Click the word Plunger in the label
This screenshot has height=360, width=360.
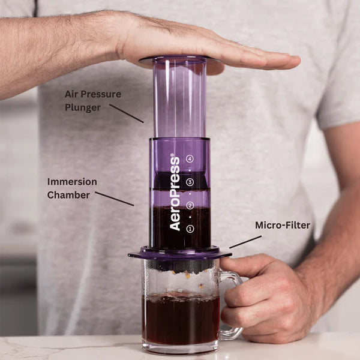tap(83, 107)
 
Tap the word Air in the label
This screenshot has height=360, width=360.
tap(73, 94)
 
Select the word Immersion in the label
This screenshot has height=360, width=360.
tap(72, 181)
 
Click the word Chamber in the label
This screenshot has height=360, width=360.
tap(69, 194)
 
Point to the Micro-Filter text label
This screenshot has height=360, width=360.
tap(283, 226)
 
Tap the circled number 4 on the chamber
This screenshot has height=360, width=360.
tap(190, 159)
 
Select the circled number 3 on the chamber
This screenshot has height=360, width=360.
tap(190, 182)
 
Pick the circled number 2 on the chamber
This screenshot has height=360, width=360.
tap(190, 206)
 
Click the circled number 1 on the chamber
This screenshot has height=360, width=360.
tap(190, 229)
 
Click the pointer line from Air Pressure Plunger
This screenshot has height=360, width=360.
tap(127, 113)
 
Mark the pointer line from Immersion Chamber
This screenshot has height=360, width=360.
tap(114, 199)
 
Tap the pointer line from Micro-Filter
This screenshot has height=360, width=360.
tap(245, 241)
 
